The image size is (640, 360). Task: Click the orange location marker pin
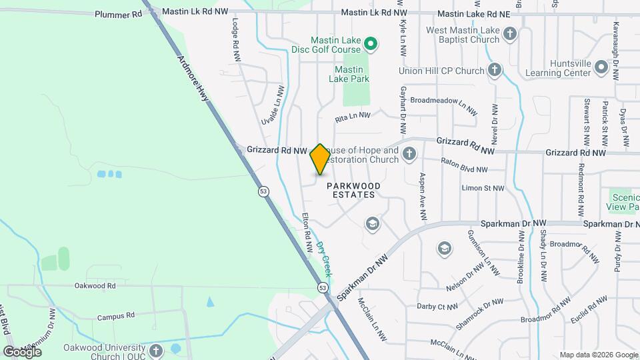[320, 159]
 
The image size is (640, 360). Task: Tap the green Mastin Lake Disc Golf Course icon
[371, 45]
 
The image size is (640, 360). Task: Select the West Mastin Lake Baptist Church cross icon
[509, 33]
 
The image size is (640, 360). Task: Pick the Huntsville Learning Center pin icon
[601, 67]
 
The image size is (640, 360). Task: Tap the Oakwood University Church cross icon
[155, 350]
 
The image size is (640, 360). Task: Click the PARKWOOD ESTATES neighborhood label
[354, 190]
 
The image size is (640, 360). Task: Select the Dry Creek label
[324, 258]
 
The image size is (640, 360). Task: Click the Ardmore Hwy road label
[194, 78]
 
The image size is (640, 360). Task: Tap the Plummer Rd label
[119, 14]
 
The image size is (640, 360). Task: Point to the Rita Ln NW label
[352, 115]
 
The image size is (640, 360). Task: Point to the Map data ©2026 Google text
[598, 355]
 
